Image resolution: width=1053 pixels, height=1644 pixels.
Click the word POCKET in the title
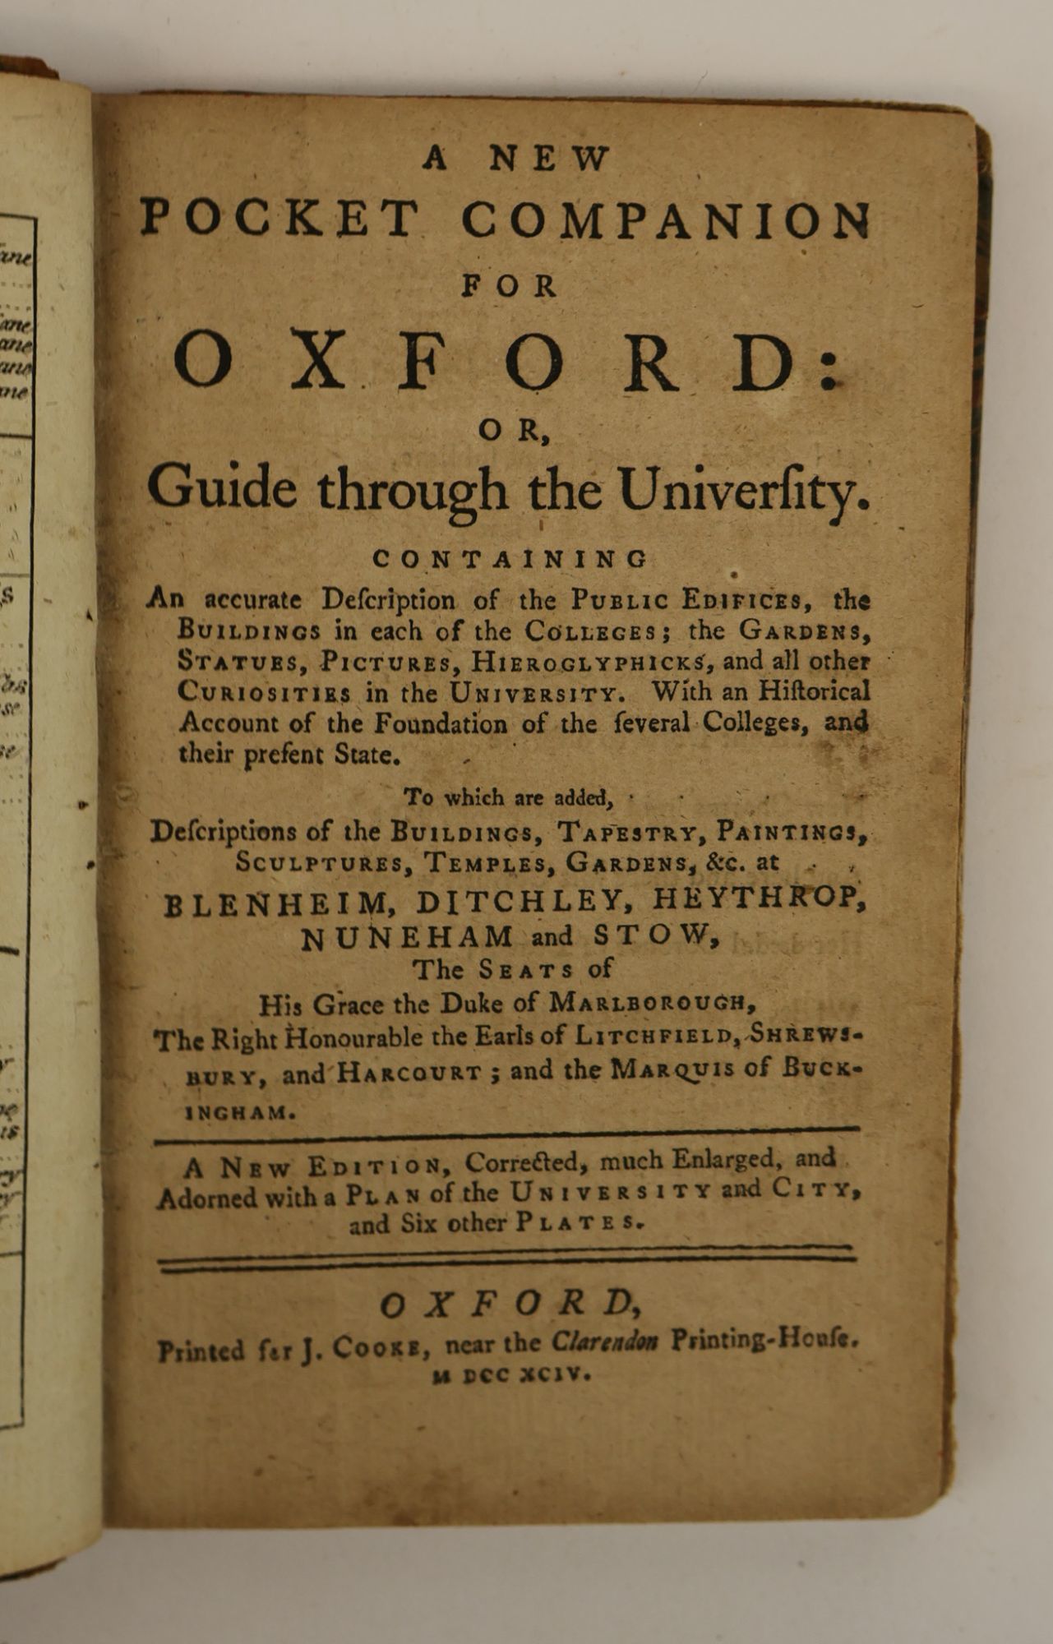279,219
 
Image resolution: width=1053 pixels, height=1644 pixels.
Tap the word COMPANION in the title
665,219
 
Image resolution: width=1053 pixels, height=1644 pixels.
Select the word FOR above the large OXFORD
510,286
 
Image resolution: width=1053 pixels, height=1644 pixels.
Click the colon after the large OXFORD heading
830,367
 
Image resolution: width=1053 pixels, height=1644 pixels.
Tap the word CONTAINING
510,559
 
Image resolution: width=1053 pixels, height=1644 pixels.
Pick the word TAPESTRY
629,832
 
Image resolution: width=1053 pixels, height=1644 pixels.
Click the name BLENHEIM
279,903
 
